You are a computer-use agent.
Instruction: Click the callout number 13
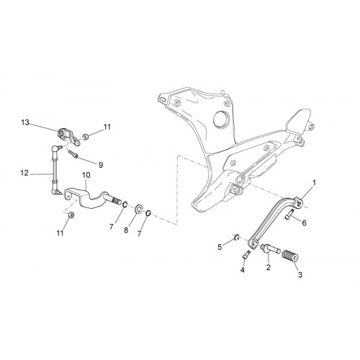(x=25, y=122)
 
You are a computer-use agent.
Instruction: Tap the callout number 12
(x=24, y=173)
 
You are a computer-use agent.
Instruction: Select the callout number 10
(x=86, y=175)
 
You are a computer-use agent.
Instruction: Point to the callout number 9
(x=101, y=165)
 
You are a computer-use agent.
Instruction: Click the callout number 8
(x=126, y=230)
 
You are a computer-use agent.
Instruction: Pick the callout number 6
(x=304, y=223)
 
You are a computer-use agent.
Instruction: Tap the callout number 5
(x=220, y=247)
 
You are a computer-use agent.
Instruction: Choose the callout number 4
(x=243, y=270)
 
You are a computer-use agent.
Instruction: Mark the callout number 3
(x=300, y=275)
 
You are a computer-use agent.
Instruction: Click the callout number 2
(x=269, y=267)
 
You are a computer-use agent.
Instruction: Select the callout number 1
(x=314, y=183)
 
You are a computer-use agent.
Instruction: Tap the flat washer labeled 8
(x=138, y=209)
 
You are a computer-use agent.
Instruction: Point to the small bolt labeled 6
(x=289, y=215)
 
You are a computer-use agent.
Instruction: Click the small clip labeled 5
(x=236, y=238)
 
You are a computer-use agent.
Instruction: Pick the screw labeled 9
(x=73, y=153)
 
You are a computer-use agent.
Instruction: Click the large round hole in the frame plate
(x=222, y=119)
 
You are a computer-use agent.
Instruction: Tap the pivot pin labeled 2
(x=271, y=249)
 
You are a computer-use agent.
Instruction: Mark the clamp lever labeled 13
(x=69, y=137)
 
